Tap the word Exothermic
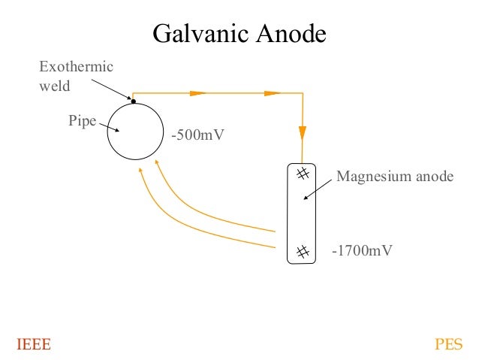(x=76, y=68)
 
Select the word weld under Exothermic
(x=54, y=86)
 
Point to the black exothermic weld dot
(x=134, y=101)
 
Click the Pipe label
(x=82, y=120)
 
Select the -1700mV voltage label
(x=362, y=250)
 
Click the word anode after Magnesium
(x=435, y=177)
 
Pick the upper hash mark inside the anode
(x=303, y=174)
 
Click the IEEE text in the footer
(x=34, y=345)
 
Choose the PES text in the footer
(x=448, y=345)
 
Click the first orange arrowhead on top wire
(x=197, y=93)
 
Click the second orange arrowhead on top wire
(x=273, y=93)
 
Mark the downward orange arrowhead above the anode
(x=303, y=132)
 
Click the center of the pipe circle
(x=135, y=131)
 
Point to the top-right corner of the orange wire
(x=303, y=93)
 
